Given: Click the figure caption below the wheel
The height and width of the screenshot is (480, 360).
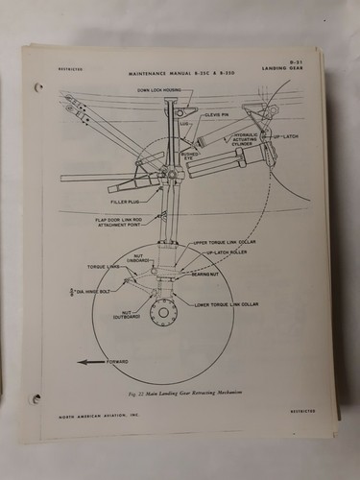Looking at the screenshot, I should pos(180,395).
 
